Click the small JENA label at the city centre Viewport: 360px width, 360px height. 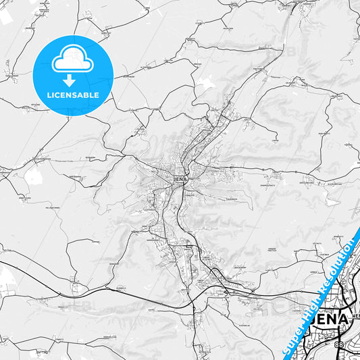click(x=179, y=180)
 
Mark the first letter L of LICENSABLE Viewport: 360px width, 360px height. click(x=48, y=95)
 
